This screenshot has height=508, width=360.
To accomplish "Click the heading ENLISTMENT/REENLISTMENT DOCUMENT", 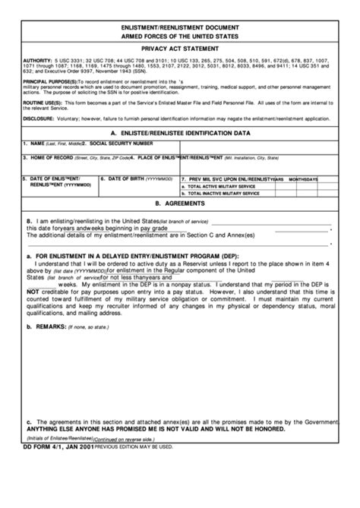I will [180, 26].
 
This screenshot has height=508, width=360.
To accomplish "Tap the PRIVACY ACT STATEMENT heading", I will [180, 47].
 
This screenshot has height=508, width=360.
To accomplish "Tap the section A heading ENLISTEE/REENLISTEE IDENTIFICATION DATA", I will [180, 132].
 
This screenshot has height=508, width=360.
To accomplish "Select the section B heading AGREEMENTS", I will [180, 204].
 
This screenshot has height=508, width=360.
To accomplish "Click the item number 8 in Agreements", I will [28, 220].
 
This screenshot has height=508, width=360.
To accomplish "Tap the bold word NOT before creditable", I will [32, 290].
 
